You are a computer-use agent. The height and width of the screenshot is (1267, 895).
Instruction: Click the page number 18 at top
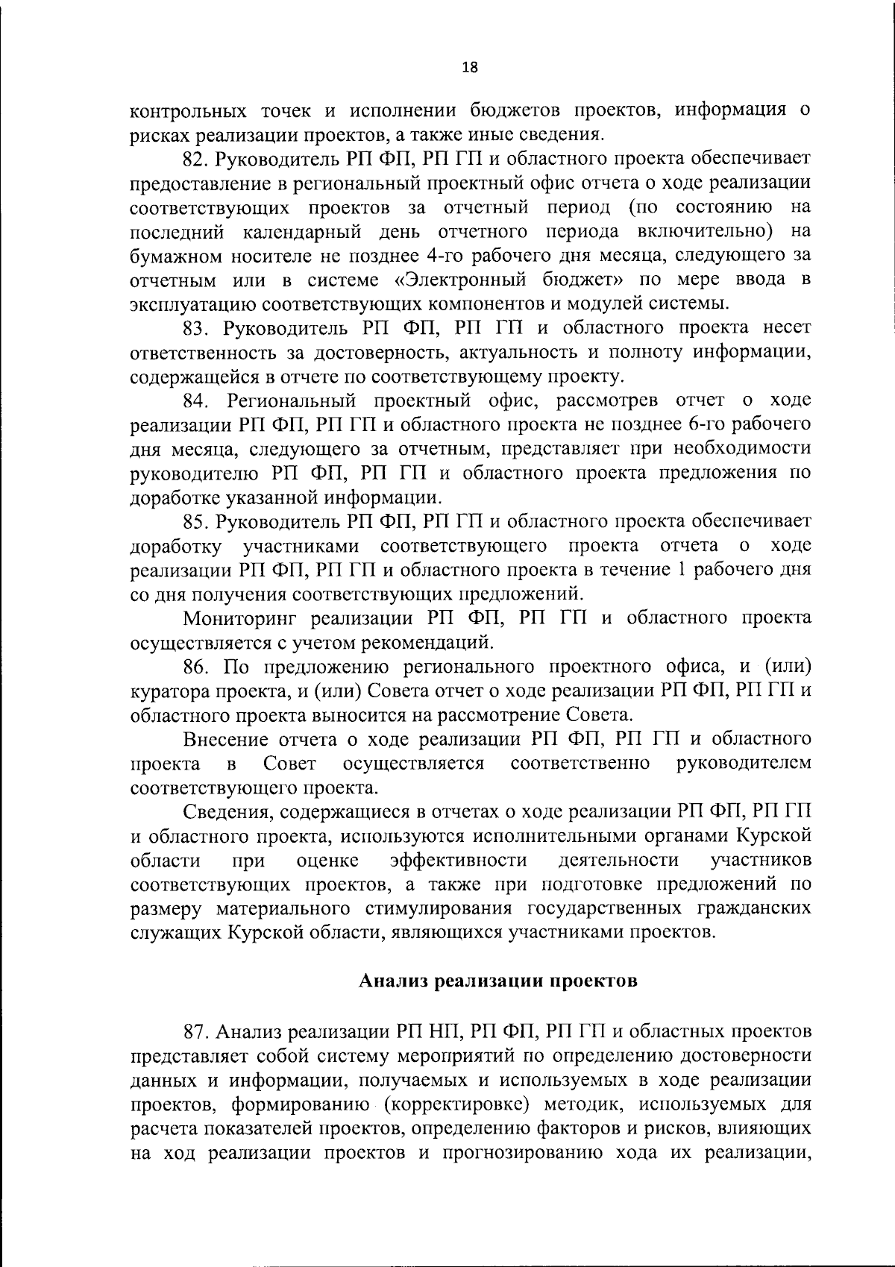pyautogui.click(x=470, y=67)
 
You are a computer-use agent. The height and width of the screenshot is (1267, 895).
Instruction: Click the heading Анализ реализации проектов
pyautogui.click(x=498, y=981)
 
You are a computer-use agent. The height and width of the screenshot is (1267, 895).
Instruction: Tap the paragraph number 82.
pyautogui.click(x=199, y=159)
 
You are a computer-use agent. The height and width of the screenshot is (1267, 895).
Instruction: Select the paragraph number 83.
pyautogui.click(x=199, y=328)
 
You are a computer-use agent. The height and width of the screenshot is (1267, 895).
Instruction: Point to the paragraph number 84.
pyautogui.click(x=199, y=401)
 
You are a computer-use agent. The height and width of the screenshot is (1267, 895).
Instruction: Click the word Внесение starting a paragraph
pyautogui.click(x=225, y=739)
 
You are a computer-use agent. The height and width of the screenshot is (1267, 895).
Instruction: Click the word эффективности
pyautogui.click(x=459, y=861)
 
